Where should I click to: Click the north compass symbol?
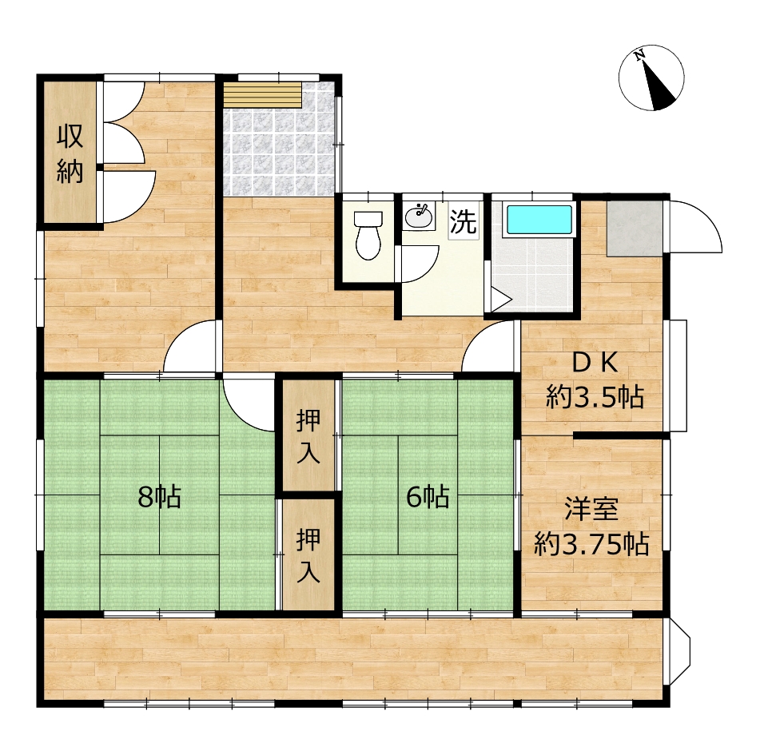(651, 78)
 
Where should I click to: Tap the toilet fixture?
(368, 236)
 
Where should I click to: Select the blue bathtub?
(539, 220)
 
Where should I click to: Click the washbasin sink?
(419, 217)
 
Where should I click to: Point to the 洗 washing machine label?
(463, 221)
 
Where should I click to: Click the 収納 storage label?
(70, 154)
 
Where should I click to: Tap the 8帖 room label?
(159, 497)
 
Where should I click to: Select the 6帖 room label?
(428, 497)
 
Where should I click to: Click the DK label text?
(595, 363)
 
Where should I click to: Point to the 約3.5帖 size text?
(595, 397)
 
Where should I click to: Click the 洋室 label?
(591, 509)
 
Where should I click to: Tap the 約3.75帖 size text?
(591, 544)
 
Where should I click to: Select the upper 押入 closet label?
(308, 436)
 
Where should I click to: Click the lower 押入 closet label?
(308, 556)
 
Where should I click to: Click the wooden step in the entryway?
(262, 94)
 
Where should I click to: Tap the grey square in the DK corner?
(635, 228)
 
